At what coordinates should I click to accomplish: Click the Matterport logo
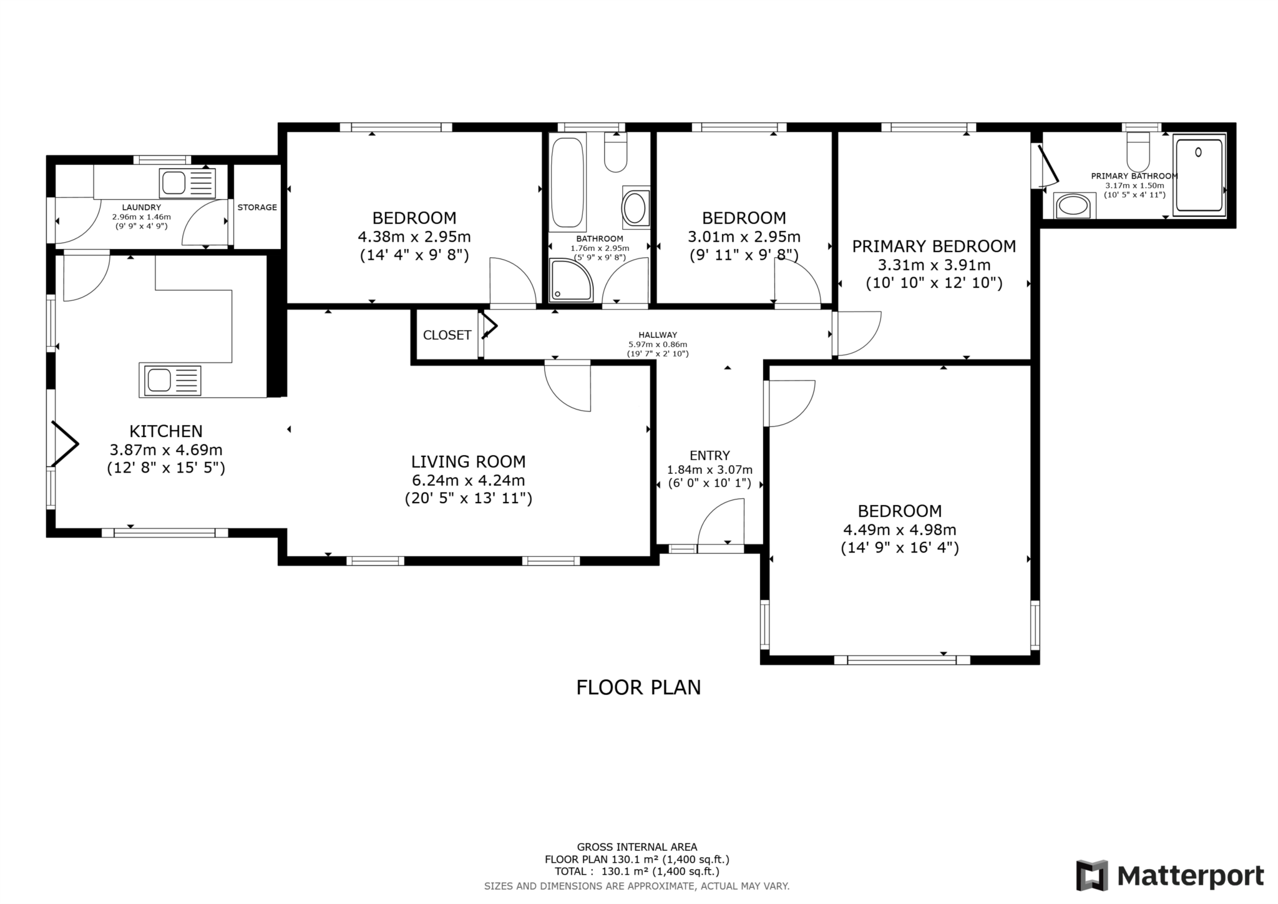tap(1169, 876)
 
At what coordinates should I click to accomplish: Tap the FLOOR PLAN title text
tap(638, 687)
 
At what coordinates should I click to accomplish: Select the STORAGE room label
tap(257, 207)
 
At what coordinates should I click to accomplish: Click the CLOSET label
tap(447, 335)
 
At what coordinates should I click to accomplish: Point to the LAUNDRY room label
tap(142, 207)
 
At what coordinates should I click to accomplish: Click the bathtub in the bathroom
tap(568, 182)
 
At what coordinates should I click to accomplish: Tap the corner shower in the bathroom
tap(571, 280)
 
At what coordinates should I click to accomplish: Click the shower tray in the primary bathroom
tap(1199, 176)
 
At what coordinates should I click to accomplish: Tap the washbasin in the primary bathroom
tap(1075, 205)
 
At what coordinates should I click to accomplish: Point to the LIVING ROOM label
tap(469, 462)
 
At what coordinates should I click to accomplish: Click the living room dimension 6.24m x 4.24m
tap(469, 481)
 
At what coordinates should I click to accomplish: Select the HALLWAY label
tap(658, 335)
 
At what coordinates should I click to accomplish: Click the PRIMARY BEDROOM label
tap(934, 247)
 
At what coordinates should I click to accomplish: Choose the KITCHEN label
tap(166, 431)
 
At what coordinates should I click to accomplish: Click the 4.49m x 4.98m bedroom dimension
tap(900, 530)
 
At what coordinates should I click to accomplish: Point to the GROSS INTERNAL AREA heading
tap(637, 847)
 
